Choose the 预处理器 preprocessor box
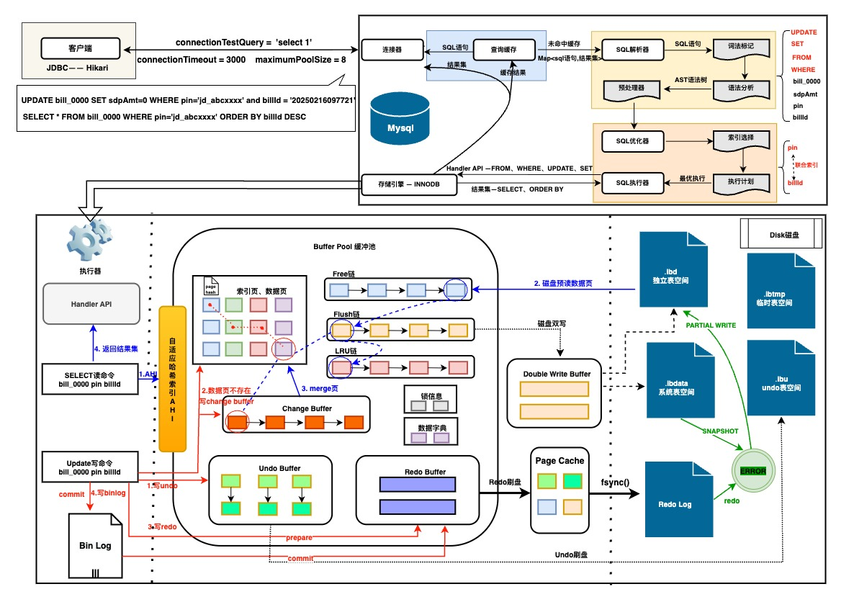(x=631, y=87)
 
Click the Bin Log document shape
(x=95, y=546)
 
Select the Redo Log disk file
(x=675, y=504)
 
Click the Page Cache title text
(x=560, y=460)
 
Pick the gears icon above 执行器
(x=91, y=239)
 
